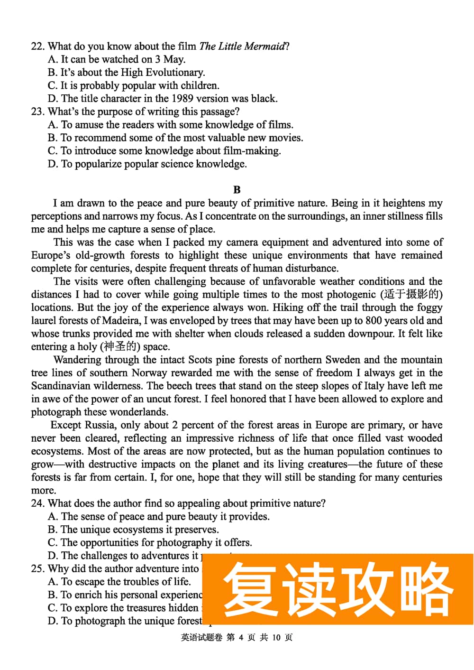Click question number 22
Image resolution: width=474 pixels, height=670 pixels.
[37, 46]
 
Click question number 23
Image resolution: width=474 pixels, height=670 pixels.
[37, 112]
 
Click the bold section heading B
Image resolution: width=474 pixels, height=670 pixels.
[237, 190]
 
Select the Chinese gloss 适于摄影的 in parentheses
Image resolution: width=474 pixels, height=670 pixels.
[411, 295]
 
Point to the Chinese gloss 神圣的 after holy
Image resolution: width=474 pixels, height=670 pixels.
[119, 347]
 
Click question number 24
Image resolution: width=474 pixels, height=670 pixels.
[37, 503]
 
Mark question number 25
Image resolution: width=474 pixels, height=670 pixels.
[37, 568]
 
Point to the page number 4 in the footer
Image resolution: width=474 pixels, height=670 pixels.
[241, 637]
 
